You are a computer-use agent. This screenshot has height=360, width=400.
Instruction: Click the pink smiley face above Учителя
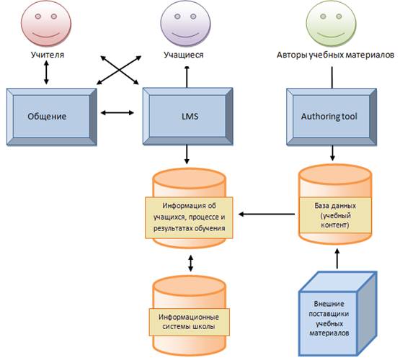point(46,23)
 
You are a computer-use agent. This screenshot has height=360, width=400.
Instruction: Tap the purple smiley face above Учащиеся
point(186,23)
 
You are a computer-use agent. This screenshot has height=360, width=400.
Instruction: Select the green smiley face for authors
point(331,23)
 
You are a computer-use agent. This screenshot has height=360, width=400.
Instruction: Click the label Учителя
point(48,55)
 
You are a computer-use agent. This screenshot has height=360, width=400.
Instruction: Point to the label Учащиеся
point(184,55)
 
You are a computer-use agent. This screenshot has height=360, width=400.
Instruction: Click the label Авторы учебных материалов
point(335,55)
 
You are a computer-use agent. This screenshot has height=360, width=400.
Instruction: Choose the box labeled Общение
point(51,117)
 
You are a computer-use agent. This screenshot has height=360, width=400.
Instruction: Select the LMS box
point(188,116)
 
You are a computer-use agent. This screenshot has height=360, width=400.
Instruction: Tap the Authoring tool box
point(332,117)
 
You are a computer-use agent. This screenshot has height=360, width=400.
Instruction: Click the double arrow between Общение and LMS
point(117,112)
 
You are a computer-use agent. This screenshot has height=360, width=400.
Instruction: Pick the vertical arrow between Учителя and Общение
point(46,72)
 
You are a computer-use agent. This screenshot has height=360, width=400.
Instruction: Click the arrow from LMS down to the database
point(187,154)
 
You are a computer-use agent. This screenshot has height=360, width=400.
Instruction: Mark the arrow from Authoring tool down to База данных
point(332,153)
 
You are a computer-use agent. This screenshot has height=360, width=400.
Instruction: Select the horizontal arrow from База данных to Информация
point(267,214)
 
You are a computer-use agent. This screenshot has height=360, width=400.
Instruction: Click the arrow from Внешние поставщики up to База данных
point(337,258)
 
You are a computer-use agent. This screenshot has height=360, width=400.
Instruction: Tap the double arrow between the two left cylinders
point(190,263)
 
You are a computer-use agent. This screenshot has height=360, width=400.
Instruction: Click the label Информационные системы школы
point(189,322)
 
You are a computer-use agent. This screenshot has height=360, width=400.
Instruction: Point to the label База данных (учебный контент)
point(335,215)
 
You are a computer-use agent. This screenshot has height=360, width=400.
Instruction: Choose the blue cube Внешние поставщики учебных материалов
point(338,314)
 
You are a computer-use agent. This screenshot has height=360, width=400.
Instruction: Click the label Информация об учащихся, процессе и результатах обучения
point(189,217)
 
